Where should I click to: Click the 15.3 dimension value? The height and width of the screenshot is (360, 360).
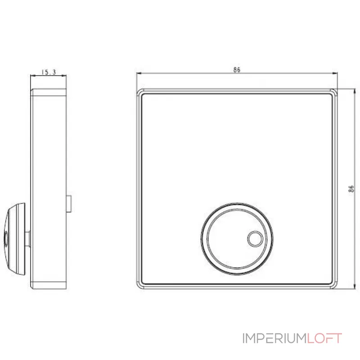coord(48,72)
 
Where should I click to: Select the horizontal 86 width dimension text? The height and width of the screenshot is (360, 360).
coord(237,70)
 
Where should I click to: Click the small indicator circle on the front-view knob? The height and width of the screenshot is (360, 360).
coord(254,238)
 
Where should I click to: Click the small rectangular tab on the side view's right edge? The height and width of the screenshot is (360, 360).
coord(69,204)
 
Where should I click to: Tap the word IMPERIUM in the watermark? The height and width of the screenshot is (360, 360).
coord(275,338)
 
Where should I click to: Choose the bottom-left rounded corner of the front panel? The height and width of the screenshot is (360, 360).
coord(139,285)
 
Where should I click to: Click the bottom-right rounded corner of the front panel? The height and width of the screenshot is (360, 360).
coord(333,285)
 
